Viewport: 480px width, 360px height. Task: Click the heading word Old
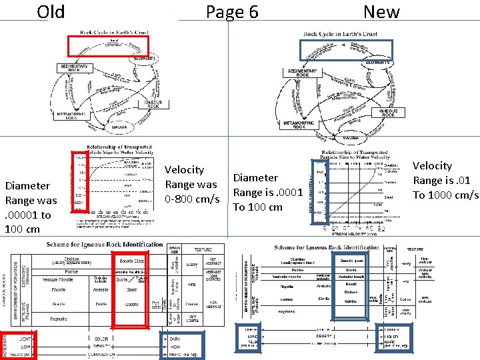coord(51,11)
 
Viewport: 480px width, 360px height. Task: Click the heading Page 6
coord(231,12)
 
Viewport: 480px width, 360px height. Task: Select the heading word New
coord(381,11)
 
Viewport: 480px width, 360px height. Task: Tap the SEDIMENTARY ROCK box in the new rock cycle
coord(303,72)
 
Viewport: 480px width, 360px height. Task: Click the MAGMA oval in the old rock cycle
coord(120,127)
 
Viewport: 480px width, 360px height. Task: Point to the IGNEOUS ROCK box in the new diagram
coord(389,113)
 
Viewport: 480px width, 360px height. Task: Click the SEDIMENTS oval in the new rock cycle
coord(377,62)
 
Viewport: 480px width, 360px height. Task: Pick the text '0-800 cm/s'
coord(191,199)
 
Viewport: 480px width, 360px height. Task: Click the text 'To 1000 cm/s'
coord(446,195)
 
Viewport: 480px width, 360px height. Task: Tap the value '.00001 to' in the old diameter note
coord(28,215)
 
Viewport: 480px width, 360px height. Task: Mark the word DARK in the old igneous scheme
coord(175,339)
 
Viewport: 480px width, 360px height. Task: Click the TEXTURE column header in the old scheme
coord(203,249)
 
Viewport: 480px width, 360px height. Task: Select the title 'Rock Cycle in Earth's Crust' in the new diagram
coord(340,34)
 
